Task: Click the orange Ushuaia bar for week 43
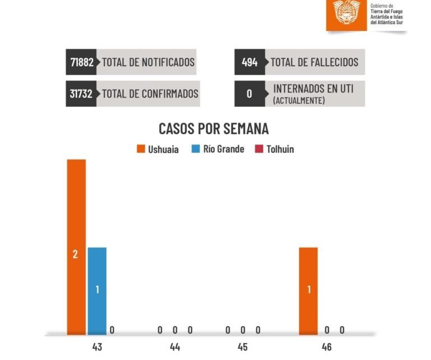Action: click(76, 247)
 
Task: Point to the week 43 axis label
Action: click(97, 347)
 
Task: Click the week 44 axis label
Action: click(175, 347)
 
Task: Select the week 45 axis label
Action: click(242, 347)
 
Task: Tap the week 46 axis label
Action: click(327, 347)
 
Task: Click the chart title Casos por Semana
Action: click(214, 129)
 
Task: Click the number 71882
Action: click(81, 62)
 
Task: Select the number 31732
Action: click(81, 93)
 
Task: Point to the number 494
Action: click(250, 62)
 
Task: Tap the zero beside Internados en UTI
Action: click(250, 93)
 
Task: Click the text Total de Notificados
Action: click(148, 62)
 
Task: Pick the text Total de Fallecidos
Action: click(314, 62)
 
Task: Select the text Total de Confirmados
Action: click(150, 93)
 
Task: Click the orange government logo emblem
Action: click(347, 12)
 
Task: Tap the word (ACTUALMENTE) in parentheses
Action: click(298, 101)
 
